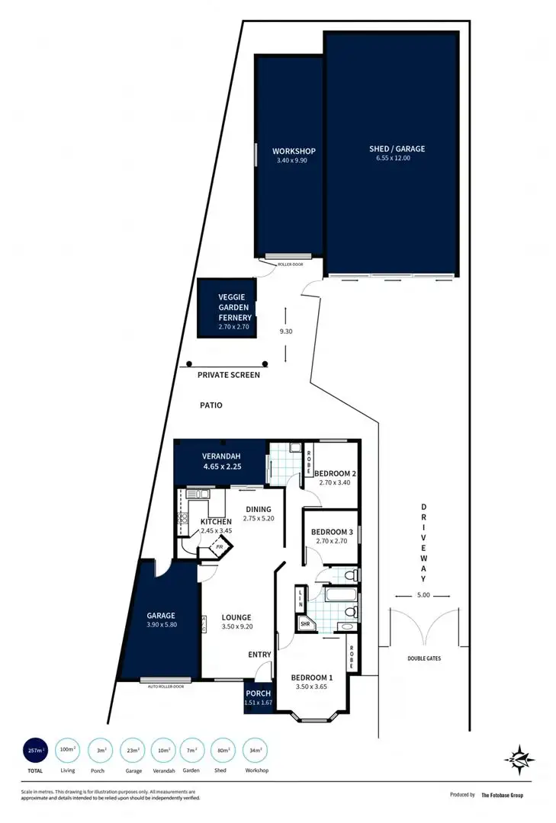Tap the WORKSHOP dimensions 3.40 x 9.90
pyautogui.click(x=294, y=161)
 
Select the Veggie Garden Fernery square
pyautogui.click(x=225, y=308)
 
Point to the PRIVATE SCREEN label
pyautogui.click(x=229, y=375)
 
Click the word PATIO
pyautogui.click(x=211, y=405)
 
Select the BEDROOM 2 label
pyautogui.click(x=336, y=473)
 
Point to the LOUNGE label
pyautogui.click(x=236, y=617)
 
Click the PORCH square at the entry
pyautogui.click(x=257, y=697)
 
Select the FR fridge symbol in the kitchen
pyautogui.click(x=220, y=547)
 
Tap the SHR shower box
pyautogui.click(x=305, y=623)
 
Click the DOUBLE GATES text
pyautogui.click(x=425, y=658)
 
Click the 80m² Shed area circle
pyautogui.click(x=221, y=751)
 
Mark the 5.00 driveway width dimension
pyautogui.click(x=424, y=595)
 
